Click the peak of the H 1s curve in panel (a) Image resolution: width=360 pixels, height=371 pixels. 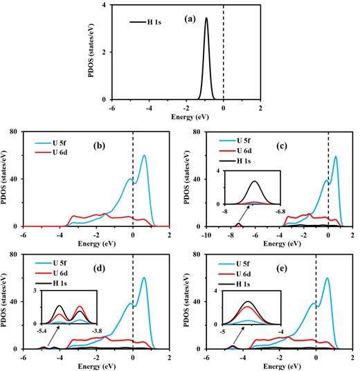click(x=206, y=19)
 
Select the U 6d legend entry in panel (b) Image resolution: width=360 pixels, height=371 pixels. click(x=59, y=152)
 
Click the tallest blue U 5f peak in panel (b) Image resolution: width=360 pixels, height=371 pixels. click(x=144, y=155)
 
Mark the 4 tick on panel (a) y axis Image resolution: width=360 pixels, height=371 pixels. click(x=103, y=5)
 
